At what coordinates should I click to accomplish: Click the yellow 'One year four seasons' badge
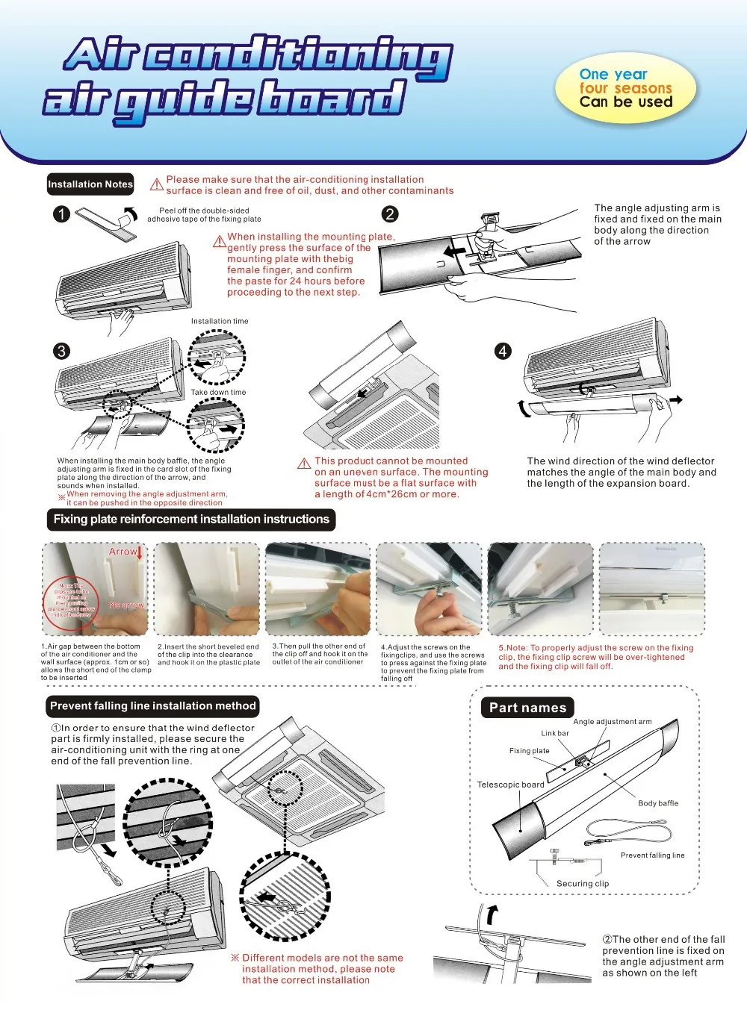coord(626,89)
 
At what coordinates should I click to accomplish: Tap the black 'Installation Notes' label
coord(90,184)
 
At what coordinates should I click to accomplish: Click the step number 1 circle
coord(62,214)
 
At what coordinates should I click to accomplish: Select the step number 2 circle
coord(390,214)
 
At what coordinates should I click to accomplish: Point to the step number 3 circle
coord(62,351)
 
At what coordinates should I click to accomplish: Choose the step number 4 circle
coord(503,351)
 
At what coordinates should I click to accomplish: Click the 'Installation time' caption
coord(220,322)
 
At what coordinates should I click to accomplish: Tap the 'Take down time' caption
coord(218,392)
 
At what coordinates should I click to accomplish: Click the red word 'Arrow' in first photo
coord(123,552)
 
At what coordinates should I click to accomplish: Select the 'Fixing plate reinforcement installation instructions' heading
coord(191,520)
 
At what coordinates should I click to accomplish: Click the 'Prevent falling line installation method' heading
coord(153,706)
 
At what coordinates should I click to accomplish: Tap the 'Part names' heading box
coord(527,708)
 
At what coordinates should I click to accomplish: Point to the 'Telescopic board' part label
coord(510,785)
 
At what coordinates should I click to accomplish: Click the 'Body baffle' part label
coord(658,803)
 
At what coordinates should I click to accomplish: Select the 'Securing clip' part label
coord(583,884)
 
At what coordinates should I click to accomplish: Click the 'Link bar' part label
coord(555,733)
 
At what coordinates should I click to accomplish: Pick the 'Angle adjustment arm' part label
coord(613,722)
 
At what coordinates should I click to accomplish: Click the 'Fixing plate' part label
coord(529,751)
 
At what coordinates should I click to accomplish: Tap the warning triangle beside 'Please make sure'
coord(157,184)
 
